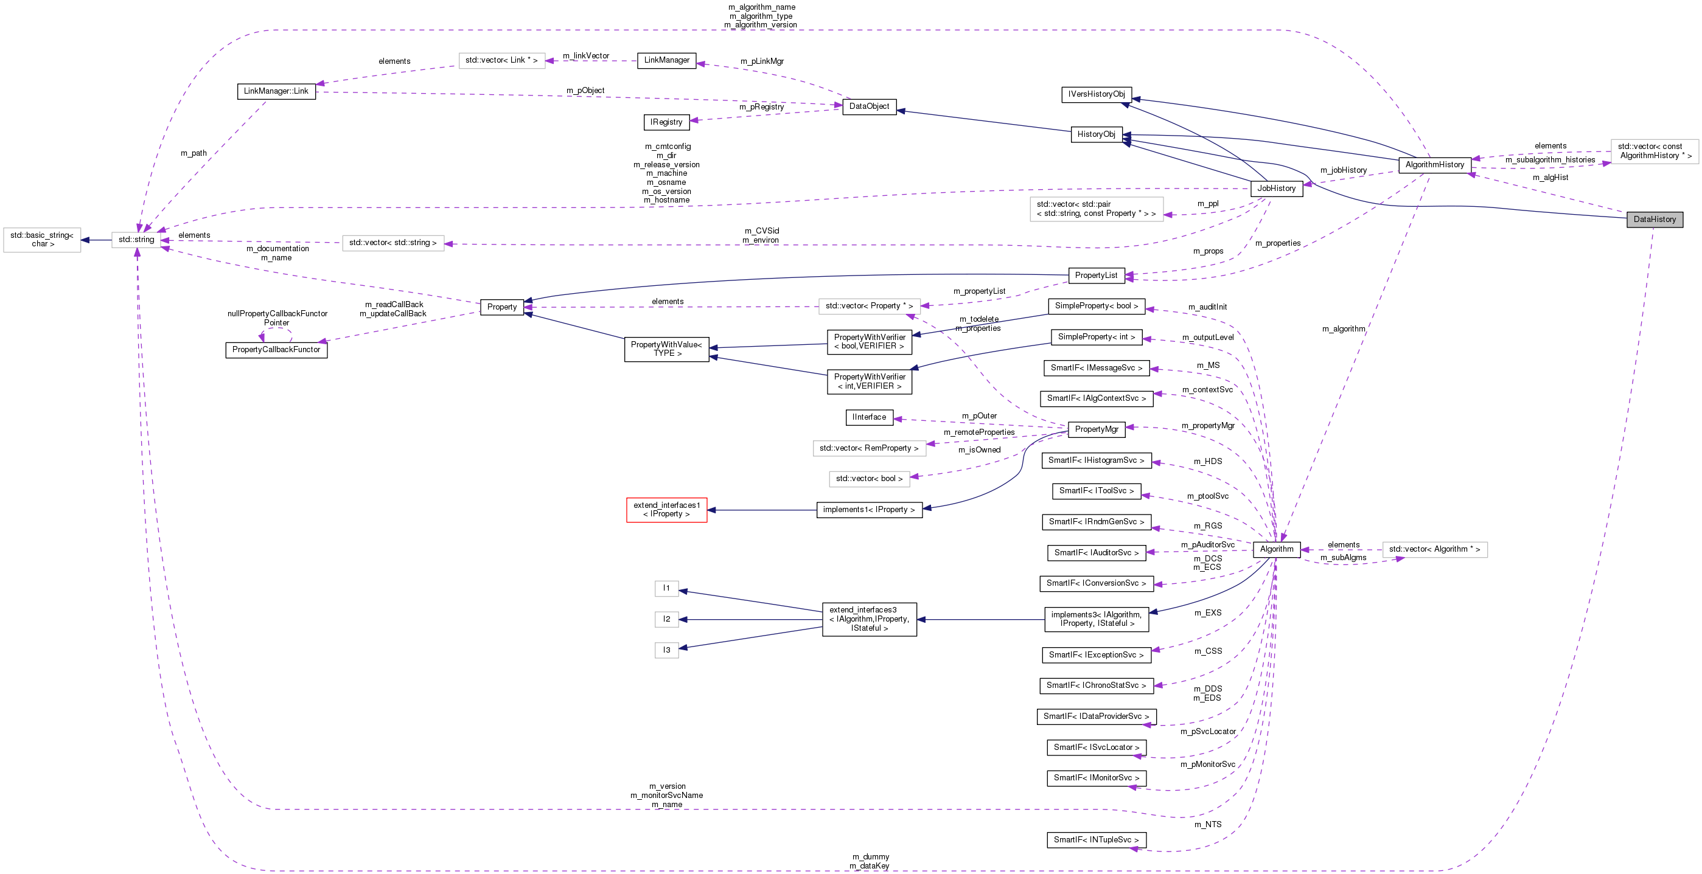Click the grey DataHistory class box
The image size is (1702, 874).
click(x=1654, y=220)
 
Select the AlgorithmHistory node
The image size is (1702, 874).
click(x=1434, y=164)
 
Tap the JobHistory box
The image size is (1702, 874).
click(x=1276, y=189)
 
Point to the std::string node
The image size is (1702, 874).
click(x=136, y=240)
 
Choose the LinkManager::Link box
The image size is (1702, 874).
click(x=276, y=91)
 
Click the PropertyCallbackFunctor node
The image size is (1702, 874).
click(x=276, y=350)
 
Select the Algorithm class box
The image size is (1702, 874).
click(x=1276, y=549)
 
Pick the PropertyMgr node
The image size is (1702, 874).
click(x=1096, y=429)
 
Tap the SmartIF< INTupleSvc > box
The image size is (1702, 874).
click(x=1095, y=840)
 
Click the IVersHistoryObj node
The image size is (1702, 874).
click(x=1096, y=94)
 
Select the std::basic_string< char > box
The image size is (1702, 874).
click(x=42, y=240)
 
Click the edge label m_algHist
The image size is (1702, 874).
click(x=1550, y=178)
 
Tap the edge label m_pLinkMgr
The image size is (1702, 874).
click(x=761, y=61)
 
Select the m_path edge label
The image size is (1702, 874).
click(x=194, y=153)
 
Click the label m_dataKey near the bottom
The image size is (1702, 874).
click(x=869, y=866)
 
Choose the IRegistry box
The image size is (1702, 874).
click(x=665, y=122)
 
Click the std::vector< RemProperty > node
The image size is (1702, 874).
click(x=868, y=448)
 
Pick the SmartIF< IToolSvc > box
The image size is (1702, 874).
click(x=1095, y=491)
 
